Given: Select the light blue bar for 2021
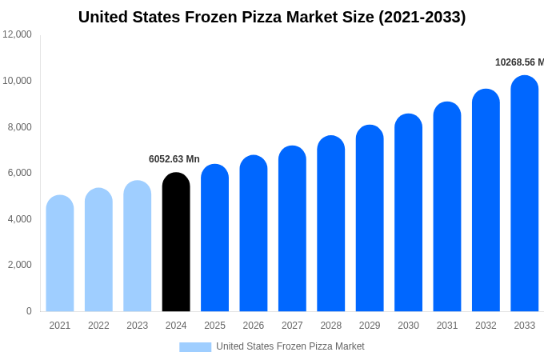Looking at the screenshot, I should click(60, 254).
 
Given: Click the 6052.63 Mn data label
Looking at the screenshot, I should click(174, 159).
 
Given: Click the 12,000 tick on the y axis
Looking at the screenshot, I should click(18, 34).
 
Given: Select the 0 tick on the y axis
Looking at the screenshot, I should click(29, 311).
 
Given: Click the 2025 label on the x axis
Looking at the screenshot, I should click(214, 326).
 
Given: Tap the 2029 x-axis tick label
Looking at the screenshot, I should click(370, 326).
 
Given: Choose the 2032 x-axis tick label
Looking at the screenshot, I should click(486, 326).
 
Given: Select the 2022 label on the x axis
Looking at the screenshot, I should click(98, 326).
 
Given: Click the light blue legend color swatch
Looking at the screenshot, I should click(195, 347).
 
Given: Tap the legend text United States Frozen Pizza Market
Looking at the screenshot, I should click(290, 346).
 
